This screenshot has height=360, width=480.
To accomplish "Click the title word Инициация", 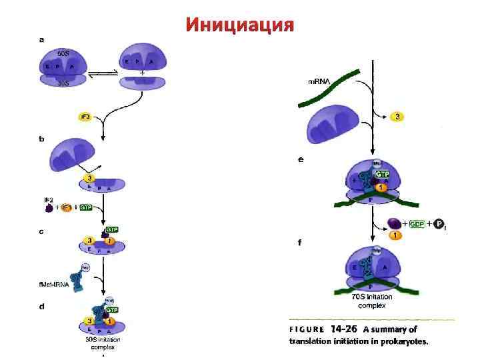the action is coord(239,25).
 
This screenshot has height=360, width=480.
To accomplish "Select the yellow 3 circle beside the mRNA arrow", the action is coord(398,117).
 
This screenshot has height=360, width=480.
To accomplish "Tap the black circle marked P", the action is coord(438,224).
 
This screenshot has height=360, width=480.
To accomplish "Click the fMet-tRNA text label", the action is coord(53,284).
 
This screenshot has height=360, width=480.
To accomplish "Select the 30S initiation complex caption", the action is coord(101,343).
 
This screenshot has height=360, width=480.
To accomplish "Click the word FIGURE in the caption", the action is coord(307,329).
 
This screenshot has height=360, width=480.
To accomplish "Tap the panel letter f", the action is coord(299,243).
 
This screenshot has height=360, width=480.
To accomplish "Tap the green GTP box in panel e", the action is coord(383,173).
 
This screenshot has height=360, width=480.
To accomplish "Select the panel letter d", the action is coord(41,307).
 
